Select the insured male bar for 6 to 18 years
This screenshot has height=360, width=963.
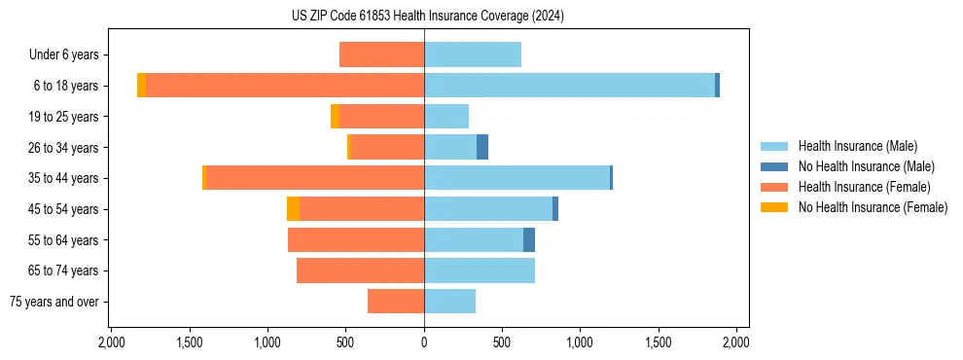coord(569,86)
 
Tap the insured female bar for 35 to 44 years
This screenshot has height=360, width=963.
coord(315,178)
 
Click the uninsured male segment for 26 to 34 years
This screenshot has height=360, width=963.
coord(482,147)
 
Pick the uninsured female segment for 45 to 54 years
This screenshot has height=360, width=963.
coord(293,209)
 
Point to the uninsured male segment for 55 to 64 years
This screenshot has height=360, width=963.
coord(529,239)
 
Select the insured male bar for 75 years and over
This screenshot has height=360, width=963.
coord(449,302)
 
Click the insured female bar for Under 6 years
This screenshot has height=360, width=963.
coord(381,54)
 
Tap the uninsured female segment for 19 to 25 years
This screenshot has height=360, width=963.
coord(335,117)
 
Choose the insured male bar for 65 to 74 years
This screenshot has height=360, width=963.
coord(480,270)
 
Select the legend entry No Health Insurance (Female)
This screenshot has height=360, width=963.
coord(873,207)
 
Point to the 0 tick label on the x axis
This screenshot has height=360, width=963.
coord(424,342)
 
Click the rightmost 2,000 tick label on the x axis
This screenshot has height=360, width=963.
coord(736,342)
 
